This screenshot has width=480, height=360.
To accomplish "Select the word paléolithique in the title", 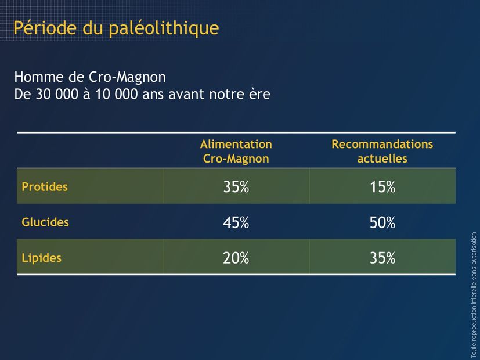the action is coord(164,29).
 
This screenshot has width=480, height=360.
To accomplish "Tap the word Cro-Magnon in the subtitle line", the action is coord(127,77).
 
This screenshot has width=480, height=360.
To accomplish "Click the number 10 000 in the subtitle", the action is coord(116,94).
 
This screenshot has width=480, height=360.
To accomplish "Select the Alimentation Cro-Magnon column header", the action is coord(236,152).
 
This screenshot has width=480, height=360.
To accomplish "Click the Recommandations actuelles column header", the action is coord(382,152).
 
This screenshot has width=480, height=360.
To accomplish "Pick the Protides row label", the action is coord(45,187).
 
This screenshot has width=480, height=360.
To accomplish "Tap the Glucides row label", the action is coord(45,222).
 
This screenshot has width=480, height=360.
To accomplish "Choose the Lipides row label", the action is coord(42,258).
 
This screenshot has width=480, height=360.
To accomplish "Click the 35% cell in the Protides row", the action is coord(236,187).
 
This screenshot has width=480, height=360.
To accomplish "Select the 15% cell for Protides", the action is coord(382,187).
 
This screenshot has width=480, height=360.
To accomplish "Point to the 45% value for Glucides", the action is coord(236,222).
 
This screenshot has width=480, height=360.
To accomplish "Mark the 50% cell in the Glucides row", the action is coord(382,222).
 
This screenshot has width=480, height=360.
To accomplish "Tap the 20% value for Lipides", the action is coord(236,258).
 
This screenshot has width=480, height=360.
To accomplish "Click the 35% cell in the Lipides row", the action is coord(382,258).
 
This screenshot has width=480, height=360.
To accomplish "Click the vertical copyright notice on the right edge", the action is coord(474,295).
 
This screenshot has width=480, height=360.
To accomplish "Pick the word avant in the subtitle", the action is coord(187,95).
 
